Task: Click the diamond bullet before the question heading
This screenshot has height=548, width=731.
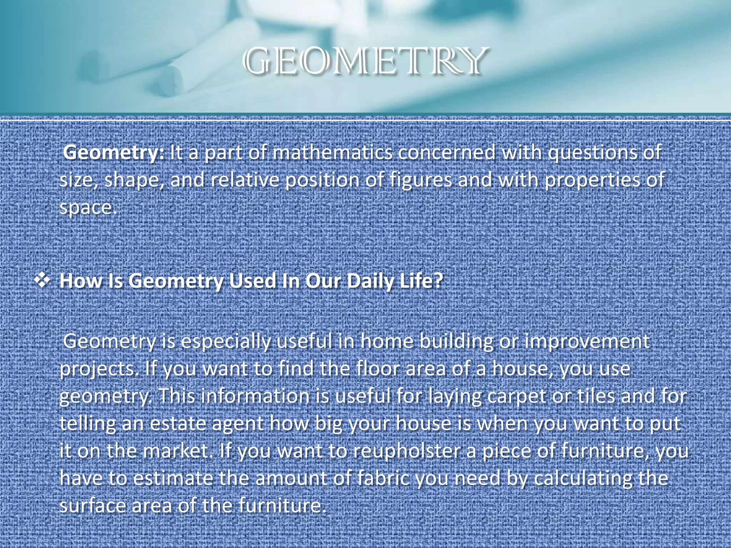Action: point(42,280)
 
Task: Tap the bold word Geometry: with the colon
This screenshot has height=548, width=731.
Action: point(114,153)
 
